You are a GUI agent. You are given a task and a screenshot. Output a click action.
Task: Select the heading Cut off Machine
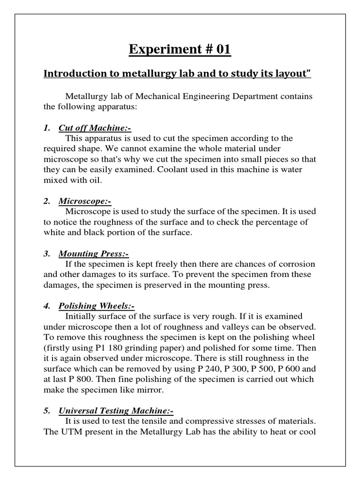pos(94,127)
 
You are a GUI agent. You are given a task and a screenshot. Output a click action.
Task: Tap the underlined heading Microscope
pos(85,201)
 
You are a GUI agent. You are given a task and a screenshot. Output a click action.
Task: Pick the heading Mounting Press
pos(93,254)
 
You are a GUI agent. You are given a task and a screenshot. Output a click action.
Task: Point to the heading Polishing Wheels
pos(97,306)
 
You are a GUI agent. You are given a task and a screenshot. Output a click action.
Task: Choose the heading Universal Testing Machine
pos(116,411)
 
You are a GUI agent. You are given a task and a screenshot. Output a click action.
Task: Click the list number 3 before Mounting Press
pos(46,254)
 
